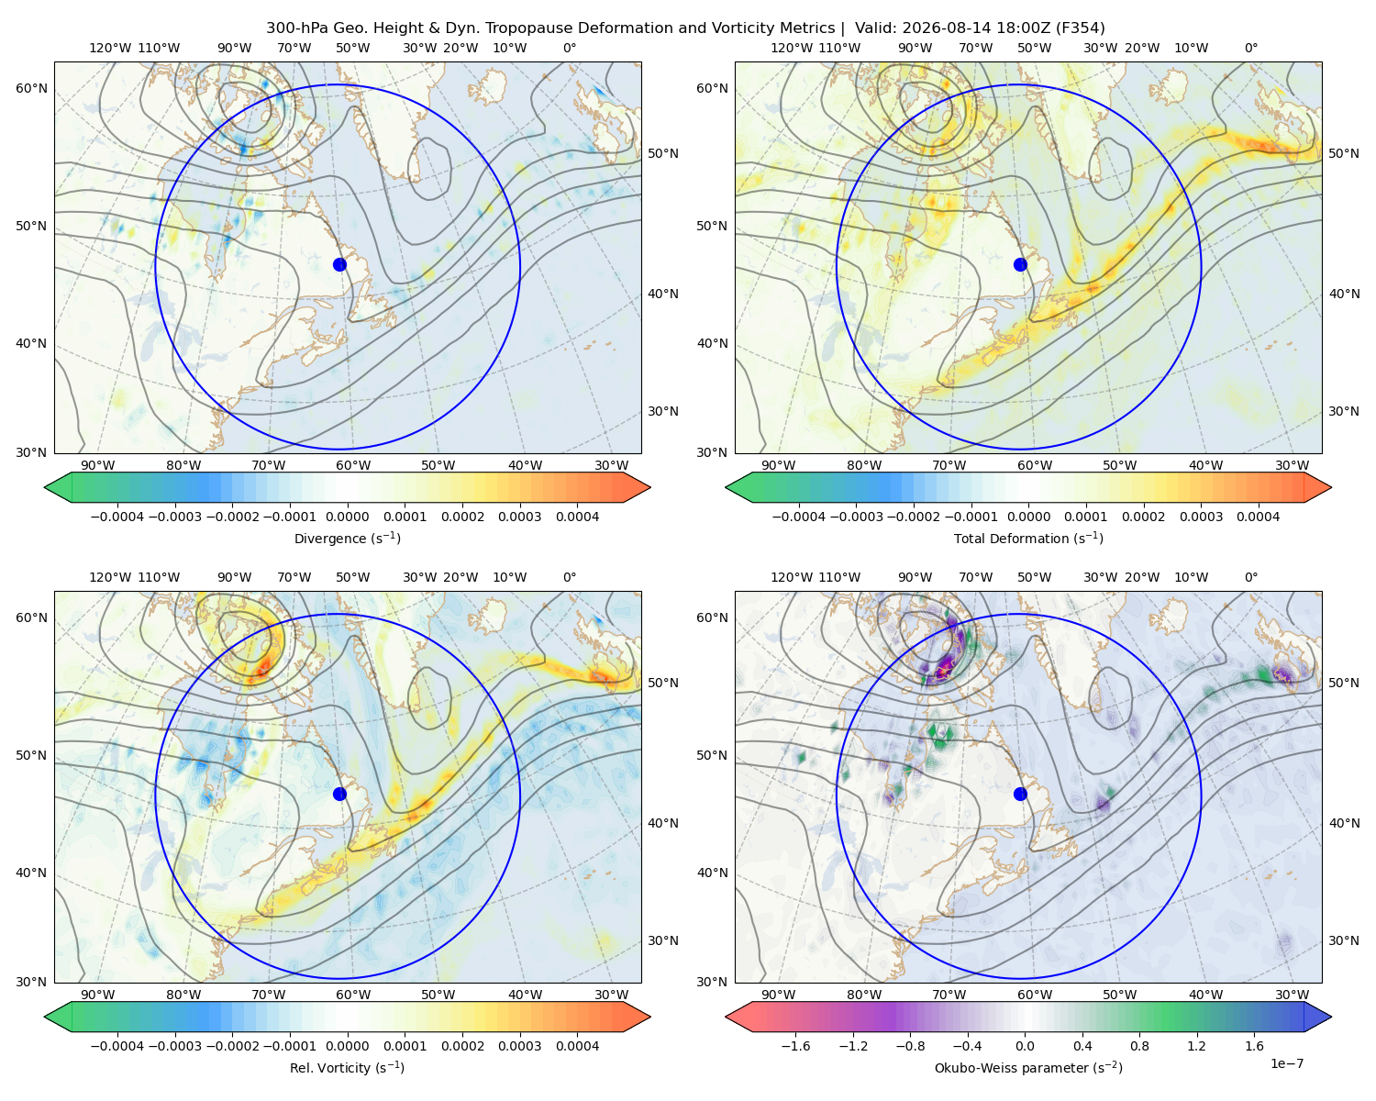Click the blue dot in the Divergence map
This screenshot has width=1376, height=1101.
(339, 264)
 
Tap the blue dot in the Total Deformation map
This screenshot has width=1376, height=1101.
(1020, 264)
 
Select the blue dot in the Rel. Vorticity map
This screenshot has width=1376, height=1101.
(339, 794)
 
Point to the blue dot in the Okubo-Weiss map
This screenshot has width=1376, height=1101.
(1020, 794)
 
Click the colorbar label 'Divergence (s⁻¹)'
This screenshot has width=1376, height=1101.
(347, 538)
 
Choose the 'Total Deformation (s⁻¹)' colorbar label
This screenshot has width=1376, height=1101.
(1028, 538)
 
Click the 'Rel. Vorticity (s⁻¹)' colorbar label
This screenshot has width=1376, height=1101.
(347, 1067)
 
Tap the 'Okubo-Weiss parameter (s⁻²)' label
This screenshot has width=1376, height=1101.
(1028, 1067)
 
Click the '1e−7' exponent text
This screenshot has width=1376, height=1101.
(1286, 1063)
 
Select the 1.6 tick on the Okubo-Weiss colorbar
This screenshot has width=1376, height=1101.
(1254, 1046)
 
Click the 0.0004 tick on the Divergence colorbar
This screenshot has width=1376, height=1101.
(577, 517)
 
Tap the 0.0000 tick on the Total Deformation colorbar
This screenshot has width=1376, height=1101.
(1028, 517)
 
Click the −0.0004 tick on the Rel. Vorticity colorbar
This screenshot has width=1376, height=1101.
(117, 1046)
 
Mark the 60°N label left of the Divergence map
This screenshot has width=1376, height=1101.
(31, 88)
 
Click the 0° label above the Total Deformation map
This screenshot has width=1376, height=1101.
(1250, 48)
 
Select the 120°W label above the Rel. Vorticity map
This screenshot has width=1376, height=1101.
(110, 577)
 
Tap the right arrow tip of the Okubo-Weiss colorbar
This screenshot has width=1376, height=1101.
(1331, 1018)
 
